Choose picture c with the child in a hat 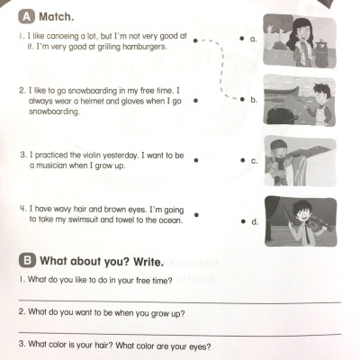(301, 162)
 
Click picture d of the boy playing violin (301, 221)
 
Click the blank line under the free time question (180, 301)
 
